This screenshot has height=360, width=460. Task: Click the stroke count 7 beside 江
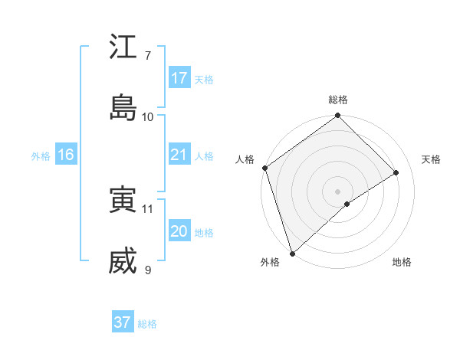point(148,56)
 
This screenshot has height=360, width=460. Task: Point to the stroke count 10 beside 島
point(148,116)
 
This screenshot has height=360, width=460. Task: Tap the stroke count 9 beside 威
point(148,270)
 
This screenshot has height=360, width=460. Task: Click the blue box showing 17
point(179,78)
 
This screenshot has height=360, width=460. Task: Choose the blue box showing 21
point(179,155)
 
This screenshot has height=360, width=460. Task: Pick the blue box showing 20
point(179,231)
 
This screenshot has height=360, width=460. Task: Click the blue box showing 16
point(65,155)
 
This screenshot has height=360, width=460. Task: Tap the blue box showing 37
point(123,322)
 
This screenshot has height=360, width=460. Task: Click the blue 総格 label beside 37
point(148,324)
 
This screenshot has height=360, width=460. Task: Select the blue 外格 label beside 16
point(41,156)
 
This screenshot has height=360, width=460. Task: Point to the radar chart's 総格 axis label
point(338,100)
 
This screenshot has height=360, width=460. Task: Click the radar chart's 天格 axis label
point(432,159)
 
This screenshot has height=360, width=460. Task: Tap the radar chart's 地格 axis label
point(402,263)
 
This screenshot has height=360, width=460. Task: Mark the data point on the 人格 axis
point(264,168)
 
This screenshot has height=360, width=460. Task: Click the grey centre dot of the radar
point(338,191)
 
